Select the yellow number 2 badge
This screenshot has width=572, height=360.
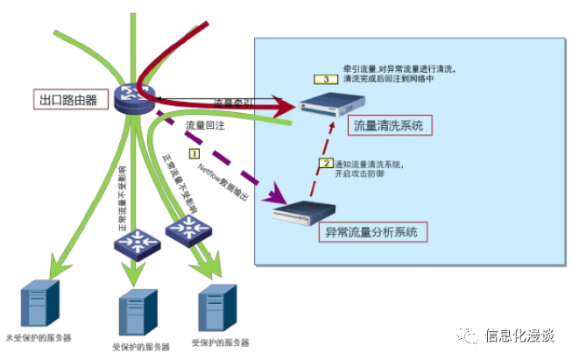pyautogui.click(x=326, y=162)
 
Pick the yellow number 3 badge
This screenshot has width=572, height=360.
pyautogui.click(x=325, y=79)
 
